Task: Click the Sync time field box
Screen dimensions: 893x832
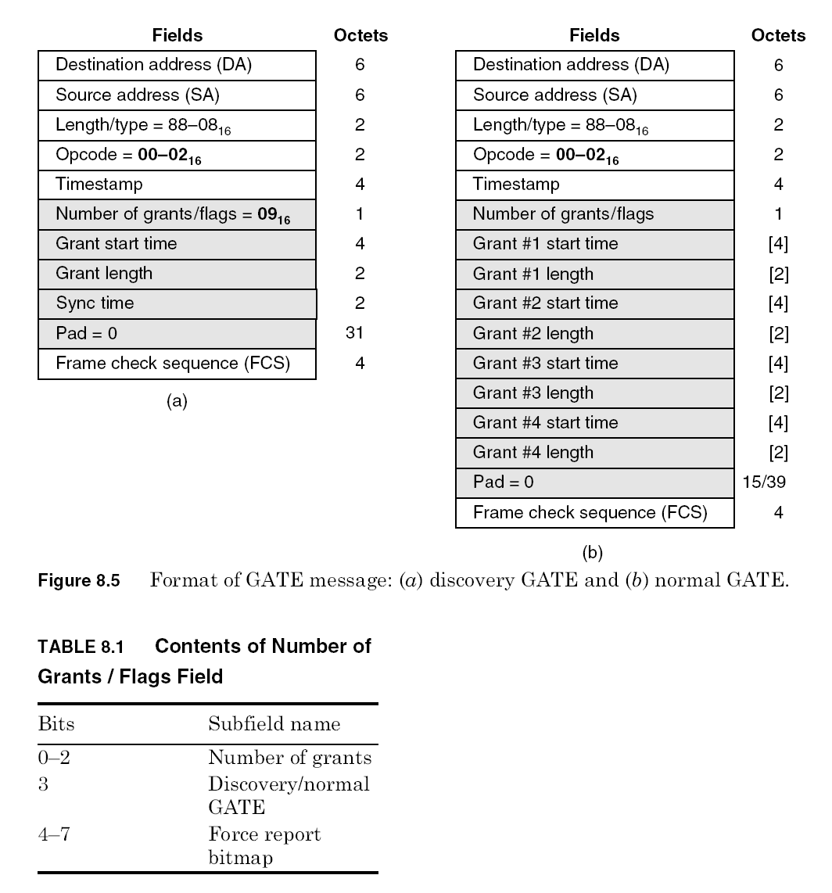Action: coord(178,303)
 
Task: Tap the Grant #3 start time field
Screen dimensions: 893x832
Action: coord(594,363)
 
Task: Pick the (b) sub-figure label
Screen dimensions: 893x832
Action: coord(594,552)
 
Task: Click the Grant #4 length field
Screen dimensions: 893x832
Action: coord(594,453)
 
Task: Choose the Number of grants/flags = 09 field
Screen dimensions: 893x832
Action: coord(178,214)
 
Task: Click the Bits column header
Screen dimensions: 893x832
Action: coord(56,723)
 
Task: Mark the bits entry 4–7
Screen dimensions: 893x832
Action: coord(54,834)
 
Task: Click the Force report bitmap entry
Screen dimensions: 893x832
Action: coord(264,846)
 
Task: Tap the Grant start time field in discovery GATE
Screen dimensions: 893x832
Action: coord(178,244)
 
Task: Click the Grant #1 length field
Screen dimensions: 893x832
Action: coord(594,274)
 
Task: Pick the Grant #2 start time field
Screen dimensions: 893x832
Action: coord(594,303)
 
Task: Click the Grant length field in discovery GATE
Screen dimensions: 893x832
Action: coord(178,274)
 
